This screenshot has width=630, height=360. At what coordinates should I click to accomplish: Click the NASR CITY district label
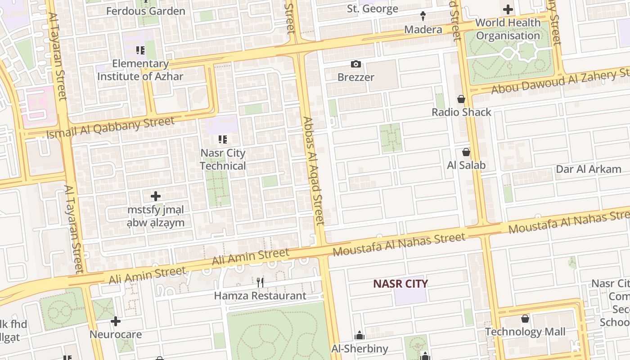[400, 283]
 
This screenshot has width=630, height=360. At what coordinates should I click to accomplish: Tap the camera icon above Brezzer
[356, 64]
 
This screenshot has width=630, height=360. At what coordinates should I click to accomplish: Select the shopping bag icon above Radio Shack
[461, 99]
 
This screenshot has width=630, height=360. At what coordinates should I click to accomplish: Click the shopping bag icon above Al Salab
[466, 153]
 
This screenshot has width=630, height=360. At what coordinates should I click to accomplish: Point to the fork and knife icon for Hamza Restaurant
[260, 282]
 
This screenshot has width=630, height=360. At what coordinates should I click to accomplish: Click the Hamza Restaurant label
[260, 296]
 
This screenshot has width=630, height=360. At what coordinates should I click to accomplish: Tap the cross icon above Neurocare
[116, 321]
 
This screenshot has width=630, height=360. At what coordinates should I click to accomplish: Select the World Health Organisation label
[508, 29]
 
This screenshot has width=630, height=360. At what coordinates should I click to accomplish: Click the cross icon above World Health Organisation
[508, 9]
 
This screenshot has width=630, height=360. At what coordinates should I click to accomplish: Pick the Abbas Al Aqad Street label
[313, 171]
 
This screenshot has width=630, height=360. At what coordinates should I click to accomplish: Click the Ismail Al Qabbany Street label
[110, 127]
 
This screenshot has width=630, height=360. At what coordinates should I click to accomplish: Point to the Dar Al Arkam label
[589, 169]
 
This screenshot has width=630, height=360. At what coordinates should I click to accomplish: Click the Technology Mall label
[525, 332]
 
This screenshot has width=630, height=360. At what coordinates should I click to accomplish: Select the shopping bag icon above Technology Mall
[525, 319]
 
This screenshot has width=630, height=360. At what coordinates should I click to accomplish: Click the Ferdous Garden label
[145, 11]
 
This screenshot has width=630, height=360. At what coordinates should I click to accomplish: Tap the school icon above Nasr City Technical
[222, 139]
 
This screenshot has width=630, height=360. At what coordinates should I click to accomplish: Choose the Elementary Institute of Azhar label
[140, 70]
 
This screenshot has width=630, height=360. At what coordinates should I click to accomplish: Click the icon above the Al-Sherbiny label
[360, 335]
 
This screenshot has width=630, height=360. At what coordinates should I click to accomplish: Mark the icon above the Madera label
[423, 17]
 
